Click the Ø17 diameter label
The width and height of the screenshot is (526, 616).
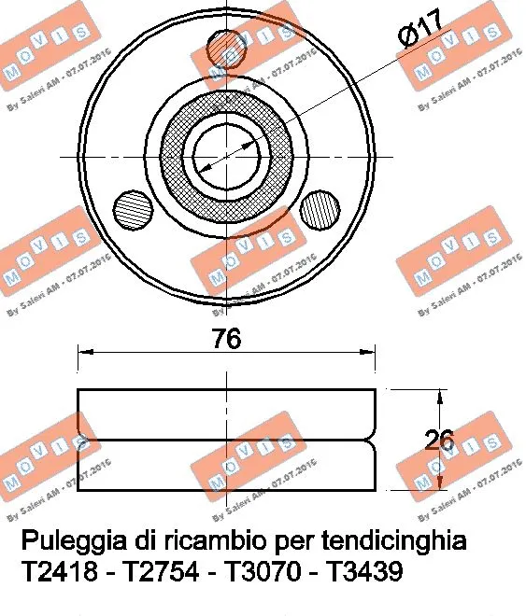click(419, 32)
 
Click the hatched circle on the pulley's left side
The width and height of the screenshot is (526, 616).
click(131, 207)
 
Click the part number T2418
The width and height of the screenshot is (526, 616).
click(58, 571)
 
